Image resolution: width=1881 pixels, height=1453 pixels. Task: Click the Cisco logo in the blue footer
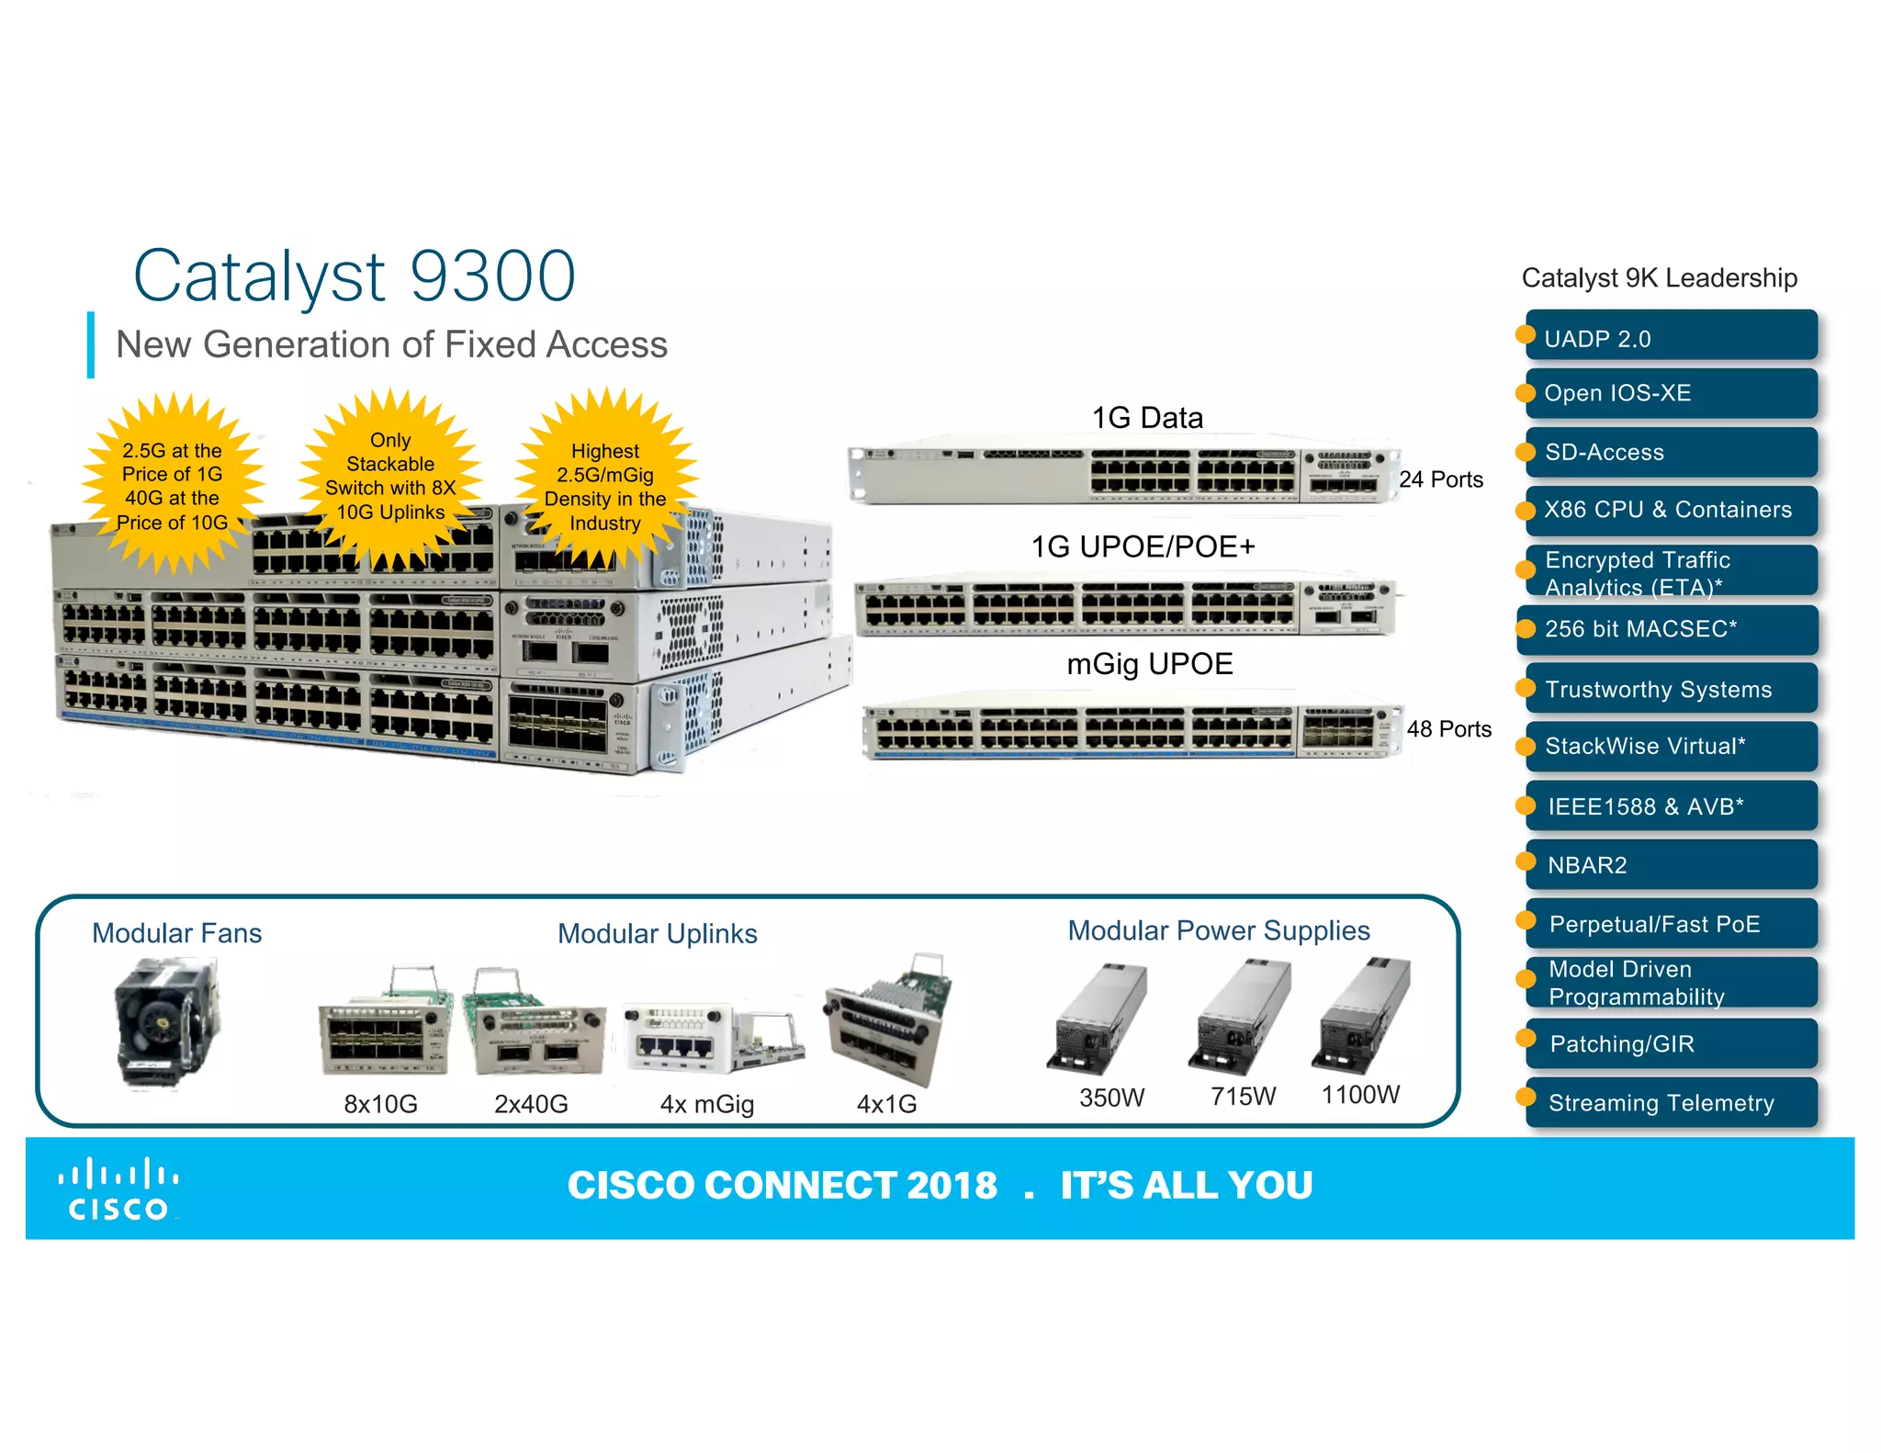pyautogui.click(x=118, y=1189)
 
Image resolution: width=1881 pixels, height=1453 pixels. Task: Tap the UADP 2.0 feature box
pyautogui.click(x=1671, y=336)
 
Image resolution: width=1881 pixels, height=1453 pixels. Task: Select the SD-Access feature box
pyautogui.click(x=1671, y=452)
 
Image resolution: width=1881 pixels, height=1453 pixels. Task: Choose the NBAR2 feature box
pyautogui.click(x=1671, y=864)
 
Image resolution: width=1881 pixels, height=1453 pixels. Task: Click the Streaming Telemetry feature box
pyautogui.click(x=1671, y=1102)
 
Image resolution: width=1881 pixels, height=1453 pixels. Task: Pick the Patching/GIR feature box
pyautogui.click(x=1671, y=1043)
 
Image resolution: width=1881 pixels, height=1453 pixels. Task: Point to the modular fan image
pyautogui.click(x=168, y=1021)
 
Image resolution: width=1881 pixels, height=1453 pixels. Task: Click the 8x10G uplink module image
pyautogui.click(x=385, y=1026)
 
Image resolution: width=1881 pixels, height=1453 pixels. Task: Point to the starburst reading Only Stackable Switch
pyautogui.click(x=390, y=478)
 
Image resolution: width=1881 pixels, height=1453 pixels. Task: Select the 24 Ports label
pyautogui.click(x=1440, y=479)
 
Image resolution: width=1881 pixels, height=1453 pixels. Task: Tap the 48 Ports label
pyautogui.click(x=1448, y=729)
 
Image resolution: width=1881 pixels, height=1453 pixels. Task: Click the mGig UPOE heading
pyautogui.click(x=1149, y=664)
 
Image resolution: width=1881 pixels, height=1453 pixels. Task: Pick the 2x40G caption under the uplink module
pyautogui.click(x=531, y=1103)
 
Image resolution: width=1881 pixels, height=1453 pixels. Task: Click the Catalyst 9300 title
pyautogui.click(x=355, y=276)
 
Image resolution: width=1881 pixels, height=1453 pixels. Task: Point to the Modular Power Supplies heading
pyautogui.click(x=1218, y=930)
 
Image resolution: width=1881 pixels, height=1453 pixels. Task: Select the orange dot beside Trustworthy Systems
pyautogui.click(x=1526, y=688)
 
